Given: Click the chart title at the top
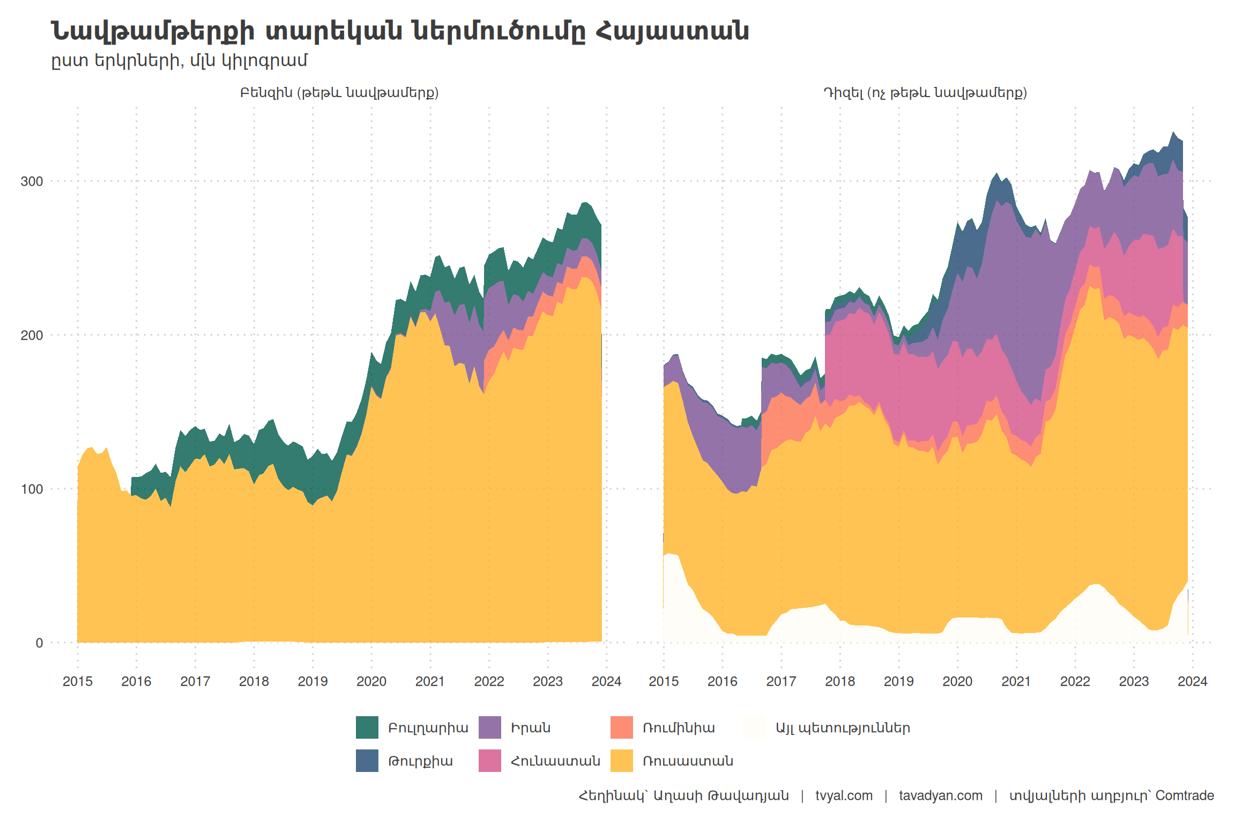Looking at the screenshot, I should (399, 31).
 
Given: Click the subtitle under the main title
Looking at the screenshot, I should (179, 61).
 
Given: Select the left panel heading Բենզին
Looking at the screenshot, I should (339, 93).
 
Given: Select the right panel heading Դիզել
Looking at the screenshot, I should (925, 93).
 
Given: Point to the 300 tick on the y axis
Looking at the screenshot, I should (32, 181).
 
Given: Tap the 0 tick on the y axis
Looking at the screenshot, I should (39, 643).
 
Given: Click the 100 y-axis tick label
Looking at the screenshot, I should (32, 489).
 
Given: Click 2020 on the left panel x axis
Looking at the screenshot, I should (371, 681).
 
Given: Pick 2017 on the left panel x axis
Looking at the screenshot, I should (195, 681).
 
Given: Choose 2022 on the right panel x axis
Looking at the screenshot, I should (1075, 681).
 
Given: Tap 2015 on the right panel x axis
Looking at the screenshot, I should (664, 681).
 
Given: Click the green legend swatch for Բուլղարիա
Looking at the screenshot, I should (367, 727).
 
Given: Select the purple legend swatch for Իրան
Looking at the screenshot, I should (490, 727).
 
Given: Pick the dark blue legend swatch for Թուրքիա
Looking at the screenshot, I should (367, 761).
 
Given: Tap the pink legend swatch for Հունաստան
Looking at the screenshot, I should (490, 761).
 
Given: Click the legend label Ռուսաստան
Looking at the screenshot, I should (688, 761).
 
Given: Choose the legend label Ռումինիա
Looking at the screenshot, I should (679, 728).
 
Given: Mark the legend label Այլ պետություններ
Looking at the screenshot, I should (843, 728).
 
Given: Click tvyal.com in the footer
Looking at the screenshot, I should (844, 796).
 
